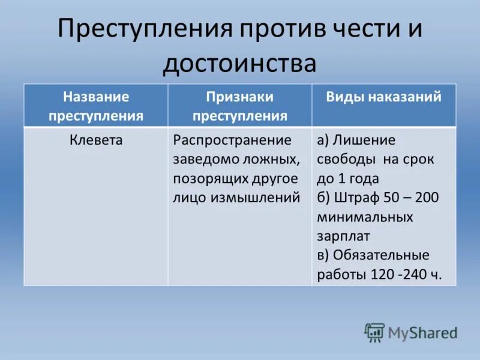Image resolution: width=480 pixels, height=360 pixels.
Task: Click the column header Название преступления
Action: tap(96, 106)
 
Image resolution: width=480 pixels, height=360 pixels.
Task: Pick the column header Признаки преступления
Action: tap(240, 106)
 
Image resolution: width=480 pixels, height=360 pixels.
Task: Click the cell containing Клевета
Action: tap(96, 140)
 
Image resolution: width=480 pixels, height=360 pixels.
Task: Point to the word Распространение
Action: tap(232, 140)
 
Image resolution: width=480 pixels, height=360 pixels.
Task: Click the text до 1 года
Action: tap(348, 178)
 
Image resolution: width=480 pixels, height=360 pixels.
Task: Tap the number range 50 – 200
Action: tap(415, 197)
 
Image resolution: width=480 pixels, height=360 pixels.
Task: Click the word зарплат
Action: tap(343, 236)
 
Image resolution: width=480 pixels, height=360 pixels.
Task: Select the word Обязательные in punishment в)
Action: tap(382, 255)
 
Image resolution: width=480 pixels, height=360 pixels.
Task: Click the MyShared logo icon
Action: tap(374, 332)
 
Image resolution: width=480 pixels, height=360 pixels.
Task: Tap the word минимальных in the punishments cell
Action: tap(365, 217)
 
